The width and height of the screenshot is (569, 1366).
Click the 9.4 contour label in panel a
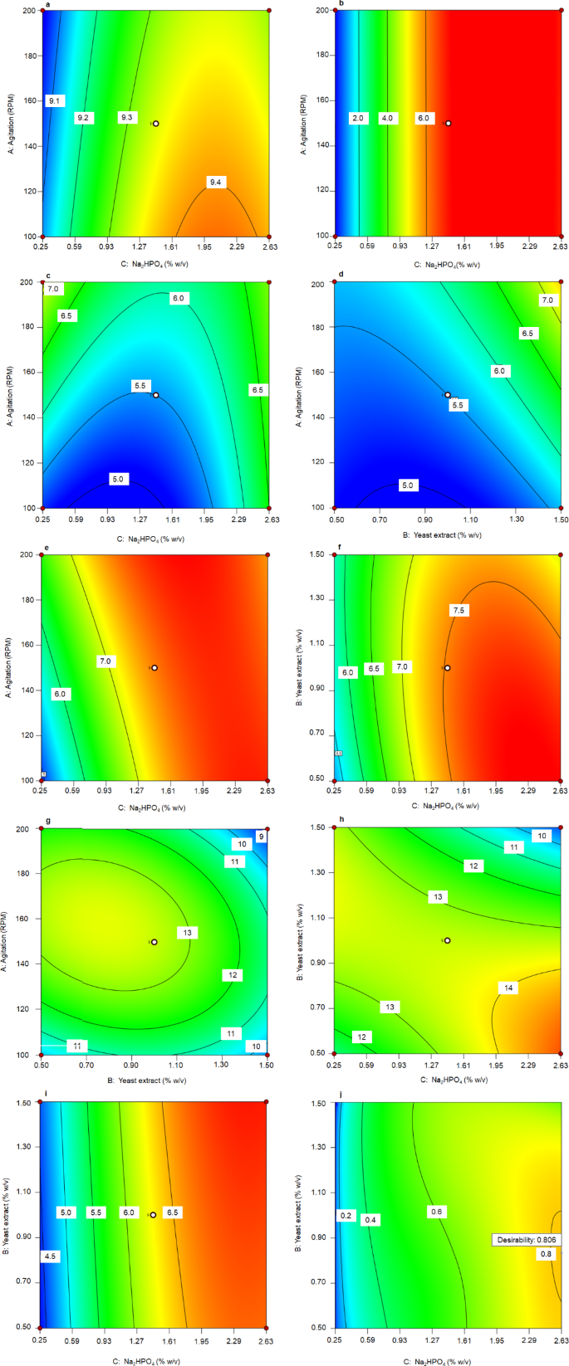(x=217, y=182)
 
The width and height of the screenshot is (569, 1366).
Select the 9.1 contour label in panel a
(x=55, y=100)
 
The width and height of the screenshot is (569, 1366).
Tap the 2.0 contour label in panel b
(x=358, y=119)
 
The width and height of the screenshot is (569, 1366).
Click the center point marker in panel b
(x=448, y=123)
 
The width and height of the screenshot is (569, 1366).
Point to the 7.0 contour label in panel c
(x=52, y=289)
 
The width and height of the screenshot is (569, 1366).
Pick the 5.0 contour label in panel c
(x=118, y=479)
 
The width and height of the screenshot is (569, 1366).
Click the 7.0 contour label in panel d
(x=548, y=300)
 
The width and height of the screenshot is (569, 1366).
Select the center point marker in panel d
(x=447, y=395)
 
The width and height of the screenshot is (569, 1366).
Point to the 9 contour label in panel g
(x=260, y=837)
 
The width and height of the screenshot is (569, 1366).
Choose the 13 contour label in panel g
(x=188, y=933)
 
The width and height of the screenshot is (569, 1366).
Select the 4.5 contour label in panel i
(x=50, y=1256)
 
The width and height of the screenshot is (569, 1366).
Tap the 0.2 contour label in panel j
(x=345, y=1216)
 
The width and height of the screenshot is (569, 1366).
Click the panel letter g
(x=48, y=821)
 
